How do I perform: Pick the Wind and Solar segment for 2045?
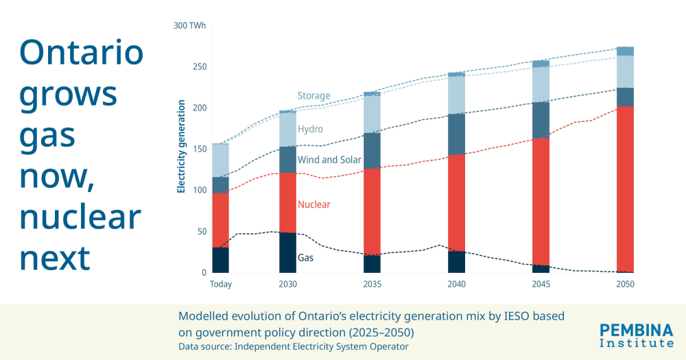pyautogui.click(x=541, y=120)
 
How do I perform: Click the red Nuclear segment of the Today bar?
pyautogui.click(x=220, y=220)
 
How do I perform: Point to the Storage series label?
pyautogui.click(x=314, y=96)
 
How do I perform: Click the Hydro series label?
pyautogui.click(x=310, y=129)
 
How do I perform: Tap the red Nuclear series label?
pyautogui.click(x=314, y=204)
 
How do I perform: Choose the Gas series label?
pyautogui.click(x=306, y=259)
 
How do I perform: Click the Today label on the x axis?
pyautogui.click(x=221, y=284)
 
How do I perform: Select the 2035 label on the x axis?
pyautogui.click(x=372, y=284)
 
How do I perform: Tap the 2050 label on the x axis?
pyautogui.click(x=625, y=284)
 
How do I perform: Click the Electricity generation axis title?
pyautogui.click(x=182, y=147)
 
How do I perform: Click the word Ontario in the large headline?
pyautogui.click(x=82, y=52)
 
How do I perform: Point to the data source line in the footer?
pyautogui.click(x=294, y=346)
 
